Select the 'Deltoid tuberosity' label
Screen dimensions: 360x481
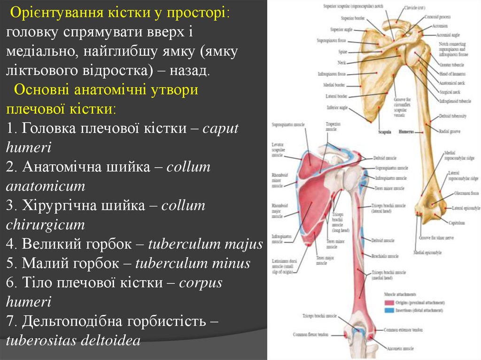453,115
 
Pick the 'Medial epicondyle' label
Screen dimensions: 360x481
427,253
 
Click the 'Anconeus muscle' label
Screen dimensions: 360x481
400,349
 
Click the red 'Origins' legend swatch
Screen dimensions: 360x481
389,303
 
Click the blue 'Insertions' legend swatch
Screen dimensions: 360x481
389,310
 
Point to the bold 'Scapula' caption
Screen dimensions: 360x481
385,132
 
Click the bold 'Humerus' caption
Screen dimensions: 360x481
406,132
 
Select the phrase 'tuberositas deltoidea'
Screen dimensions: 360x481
73,340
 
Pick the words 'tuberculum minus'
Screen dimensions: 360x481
193,263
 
